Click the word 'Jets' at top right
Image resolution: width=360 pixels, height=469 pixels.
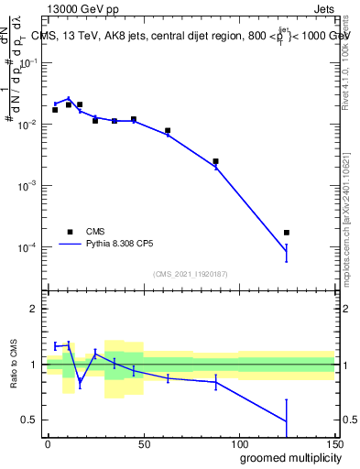[322, 8]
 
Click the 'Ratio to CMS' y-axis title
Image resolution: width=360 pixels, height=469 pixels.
[12, 365]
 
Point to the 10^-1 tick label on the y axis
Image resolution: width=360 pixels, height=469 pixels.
[27, 62]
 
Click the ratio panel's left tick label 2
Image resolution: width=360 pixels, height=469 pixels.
[34, 309]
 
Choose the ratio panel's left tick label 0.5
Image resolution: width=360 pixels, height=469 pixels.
[30, 420]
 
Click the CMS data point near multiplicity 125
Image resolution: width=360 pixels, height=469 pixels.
[287, 233]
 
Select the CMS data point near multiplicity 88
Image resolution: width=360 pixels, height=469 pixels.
[215, 161]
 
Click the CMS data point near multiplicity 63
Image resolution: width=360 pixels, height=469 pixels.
[168, 131]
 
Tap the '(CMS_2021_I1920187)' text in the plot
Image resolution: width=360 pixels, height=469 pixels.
[191, 274]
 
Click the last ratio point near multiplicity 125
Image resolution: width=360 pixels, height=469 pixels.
[287, 421]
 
